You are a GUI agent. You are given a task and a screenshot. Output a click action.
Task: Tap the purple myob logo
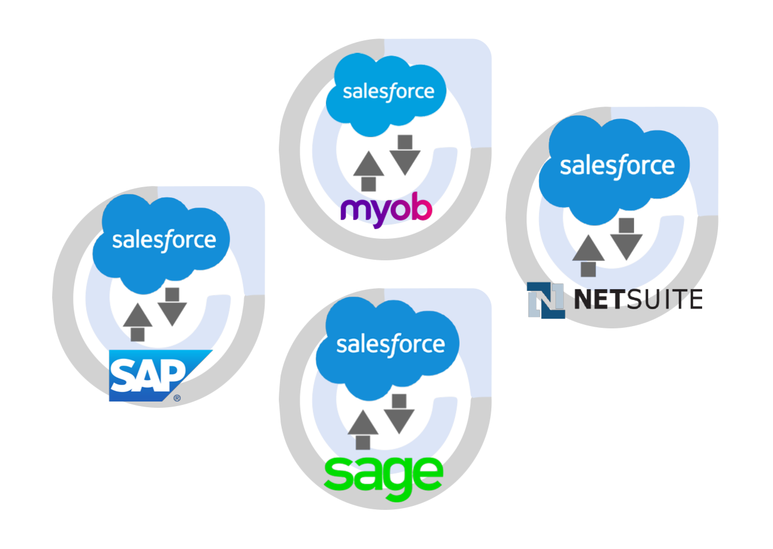(x=386, y=209)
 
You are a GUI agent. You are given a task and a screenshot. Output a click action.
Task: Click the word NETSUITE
(x=638, y=299)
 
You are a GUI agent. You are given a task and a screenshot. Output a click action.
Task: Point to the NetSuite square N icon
(x=545, y=300)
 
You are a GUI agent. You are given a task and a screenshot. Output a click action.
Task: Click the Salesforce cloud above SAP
(x=162, y=242)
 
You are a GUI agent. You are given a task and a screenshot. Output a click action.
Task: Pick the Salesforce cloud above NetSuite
(x=615, y=168)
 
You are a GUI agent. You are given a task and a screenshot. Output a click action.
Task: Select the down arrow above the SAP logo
(x=172, y=307)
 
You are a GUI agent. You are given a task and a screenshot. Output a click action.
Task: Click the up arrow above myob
(x=368, y=170)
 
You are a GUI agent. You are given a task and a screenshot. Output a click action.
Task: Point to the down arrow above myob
(x=405, y=154)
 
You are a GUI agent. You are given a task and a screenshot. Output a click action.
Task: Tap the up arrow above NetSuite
(x=588, y=255)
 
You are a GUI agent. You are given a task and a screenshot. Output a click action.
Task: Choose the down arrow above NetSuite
(x=626, y=239)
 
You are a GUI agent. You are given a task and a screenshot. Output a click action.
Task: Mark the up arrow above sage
(x=363, y=430)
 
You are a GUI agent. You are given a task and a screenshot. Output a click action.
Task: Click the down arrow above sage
(x=400, y=414)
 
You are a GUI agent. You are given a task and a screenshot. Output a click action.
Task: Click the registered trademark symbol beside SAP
(x=177, y=398)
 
